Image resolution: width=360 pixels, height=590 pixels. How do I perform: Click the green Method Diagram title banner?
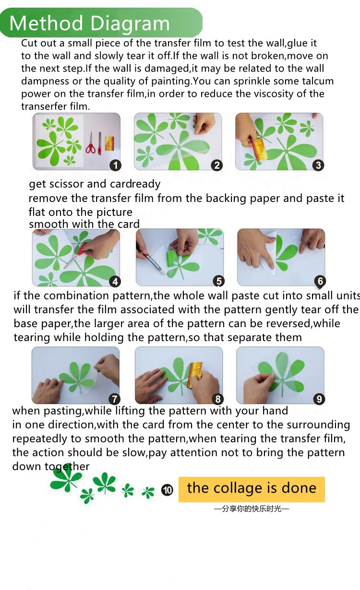point(101,23)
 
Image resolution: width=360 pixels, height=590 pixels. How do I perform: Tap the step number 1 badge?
point(115,165)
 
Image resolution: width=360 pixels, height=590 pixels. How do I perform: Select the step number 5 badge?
point(219,281)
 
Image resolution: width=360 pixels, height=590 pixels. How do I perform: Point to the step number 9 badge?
point(319,399)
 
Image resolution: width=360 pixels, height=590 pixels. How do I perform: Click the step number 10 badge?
point(167,490)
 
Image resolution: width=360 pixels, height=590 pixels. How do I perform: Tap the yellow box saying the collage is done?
point(252,489)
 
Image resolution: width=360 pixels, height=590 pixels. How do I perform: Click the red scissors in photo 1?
point(90,143)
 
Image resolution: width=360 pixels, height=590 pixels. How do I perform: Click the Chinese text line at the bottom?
point(252,508)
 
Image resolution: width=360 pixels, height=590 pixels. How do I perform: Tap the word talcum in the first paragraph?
point(318,81)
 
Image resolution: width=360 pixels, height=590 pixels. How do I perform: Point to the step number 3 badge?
point(318,165)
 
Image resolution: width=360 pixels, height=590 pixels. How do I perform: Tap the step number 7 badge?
point(114,399)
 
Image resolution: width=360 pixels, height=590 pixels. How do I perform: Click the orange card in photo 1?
point(109,143)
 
